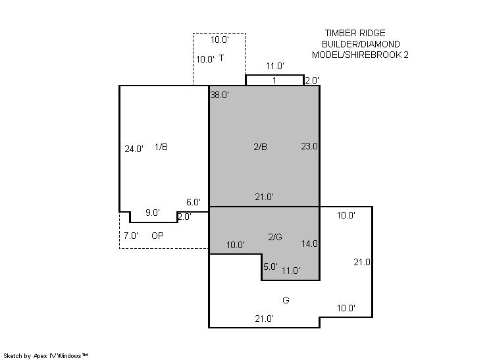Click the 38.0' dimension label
coord(220,95)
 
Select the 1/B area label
coord(161,147)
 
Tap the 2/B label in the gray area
coord(260,147)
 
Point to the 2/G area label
coord(275,237)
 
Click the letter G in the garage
coord(286,300)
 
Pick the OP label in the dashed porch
coord(157,236)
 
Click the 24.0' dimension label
coord(134,149)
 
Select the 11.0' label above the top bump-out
coord(275,66)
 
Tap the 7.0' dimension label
coord(131,236)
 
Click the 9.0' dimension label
coord(153,213)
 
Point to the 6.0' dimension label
coord(194,202)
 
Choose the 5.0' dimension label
coord(271,267)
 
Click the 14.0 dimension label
coord(309,244)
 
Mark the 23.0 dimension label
coord(309,146)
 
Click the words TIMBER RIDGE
coord(355,33)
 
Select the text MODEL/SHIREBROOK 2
coord(360,55)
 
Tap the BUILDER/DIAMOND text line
coord(361,44)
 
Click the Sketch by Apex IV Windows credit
coord(45,356)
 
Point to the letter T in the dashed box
coord(221,58)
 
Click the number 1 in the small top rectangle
coord(274,80)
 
